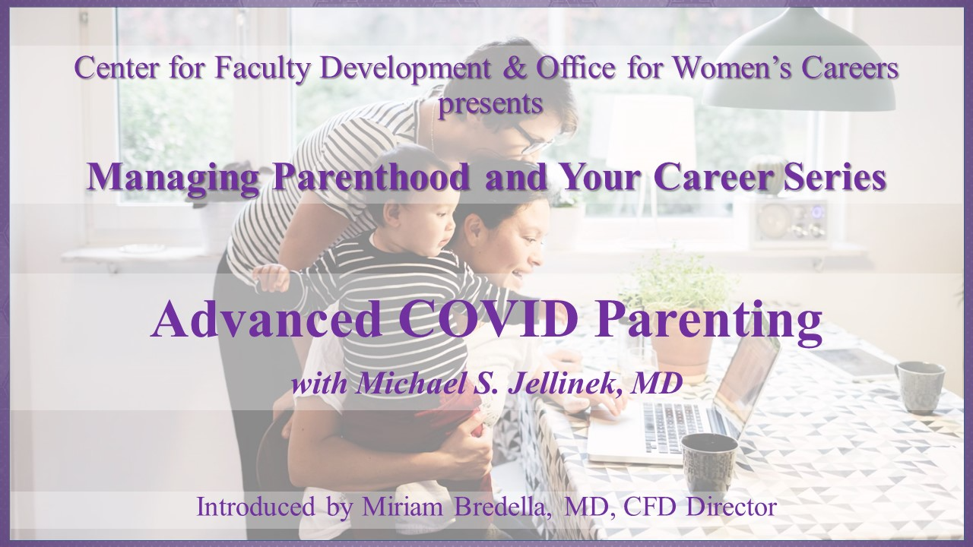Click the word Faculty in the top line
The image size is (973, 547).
point(263,68)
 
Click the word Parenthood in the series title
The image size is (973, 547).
point(372,177)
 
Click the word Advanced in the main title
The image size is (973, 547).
point(267,319)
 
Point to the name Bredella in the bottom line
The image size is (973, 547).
point(504,507)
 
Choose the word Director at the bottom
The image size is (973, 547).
point(734,507)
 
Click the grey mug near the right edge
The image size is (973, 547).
point(918,387)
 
